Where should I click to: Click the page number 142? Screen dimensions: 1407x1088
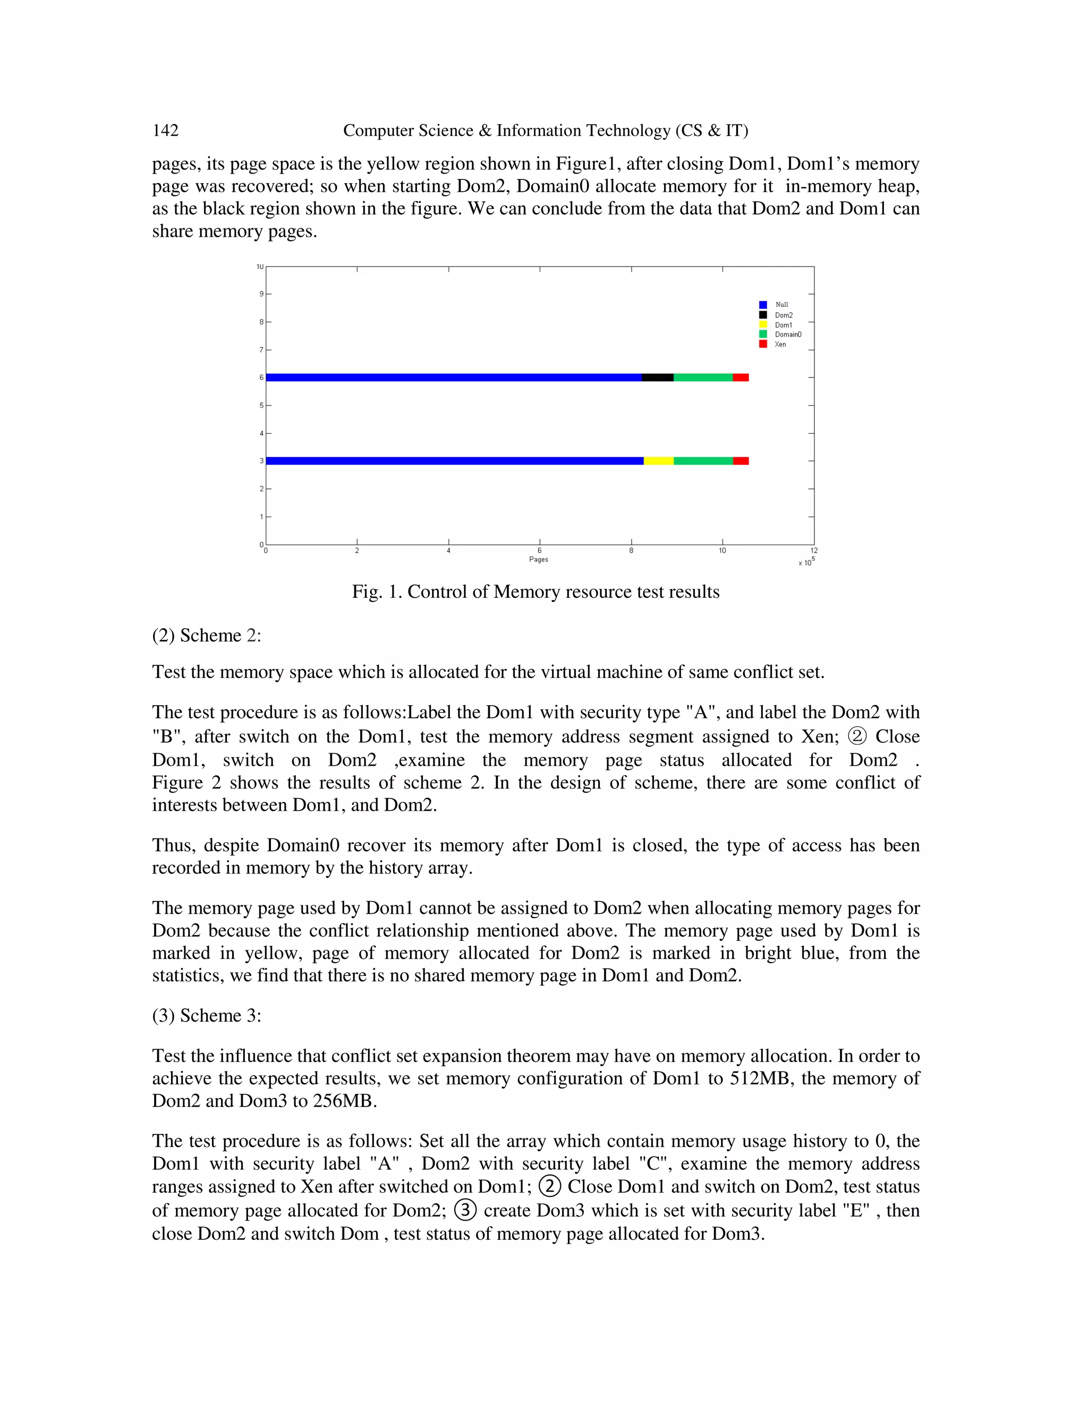165,131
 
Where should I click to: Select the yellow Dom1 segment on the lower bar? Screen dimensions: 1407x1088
658,461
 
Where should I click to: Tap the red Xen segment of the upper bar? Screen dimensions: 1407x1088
741,378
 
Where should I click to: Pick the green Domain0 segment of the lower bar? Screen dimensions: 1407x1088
703,461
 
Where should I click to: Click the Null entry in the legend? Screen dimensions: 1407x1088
781,305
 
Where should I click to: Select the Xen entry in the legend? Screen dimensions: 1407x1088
780,344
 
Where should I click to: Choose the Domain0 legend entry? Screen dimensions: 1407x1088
788,334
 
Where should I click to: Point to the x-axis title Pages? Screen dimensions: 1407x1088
538,559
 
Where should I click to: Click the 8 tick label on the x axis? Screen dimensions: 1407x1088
631,551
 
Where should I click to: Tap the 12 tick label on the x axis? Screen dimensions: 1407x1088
813,551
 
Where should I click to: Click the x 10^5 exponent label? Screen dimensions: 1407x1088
806,562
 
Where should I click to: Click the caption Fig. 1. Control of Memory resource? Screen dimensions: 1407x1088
535,591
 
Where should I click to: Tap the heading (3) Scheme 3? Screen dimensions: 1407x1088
206,1015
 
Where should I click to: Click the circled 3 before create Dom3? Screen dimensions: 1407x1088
465,1210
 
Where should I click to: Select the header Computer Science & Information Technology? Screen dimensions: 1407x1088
545,131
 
